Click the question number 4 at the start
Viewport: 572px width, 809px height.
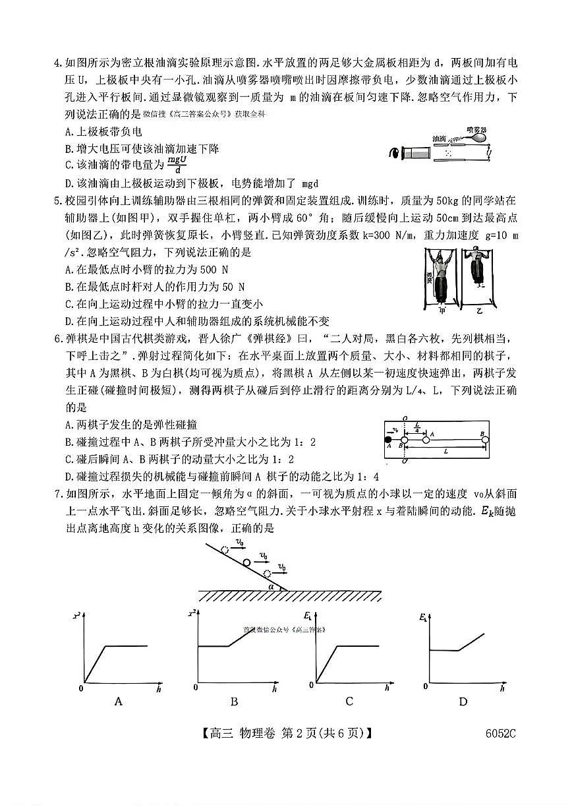(x=57, y=64)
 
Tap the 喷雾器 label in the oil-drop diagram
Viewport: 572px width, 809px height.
(x=474, y=130)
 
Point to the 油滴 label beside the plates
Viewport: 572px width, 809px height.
(x=440, y=139)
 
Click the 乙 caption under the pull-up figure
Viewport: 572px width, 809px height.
(x=476, y=308)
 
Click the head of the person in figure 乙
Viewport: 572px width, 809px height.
(x=477, y=254)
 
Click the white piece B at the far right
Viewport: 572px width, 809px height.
(x=484, y=438)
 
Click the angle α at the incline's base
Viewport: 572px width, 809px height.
(x=271, y=585)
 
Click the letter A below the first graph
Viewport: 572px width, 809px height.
(x=119, y=702)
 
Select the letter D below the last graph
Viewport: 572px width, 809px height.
(x=463, y=702)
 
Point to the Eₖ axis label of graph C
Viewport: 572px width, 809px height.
(x=308, y=616)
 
